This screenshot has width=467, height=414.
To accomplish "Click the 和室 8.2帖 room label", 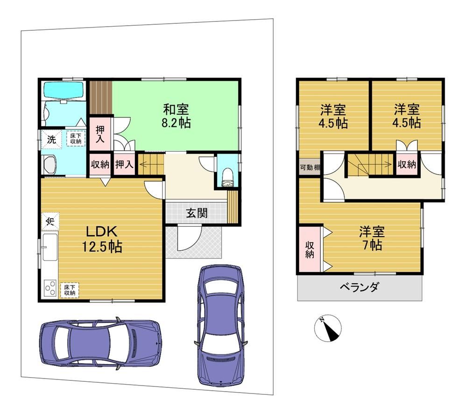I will point(177,116).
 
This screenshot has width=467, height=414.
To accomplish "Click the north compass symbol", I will point(327,327).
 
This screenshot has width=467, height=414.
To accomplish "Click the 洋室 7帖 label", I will point(371,238).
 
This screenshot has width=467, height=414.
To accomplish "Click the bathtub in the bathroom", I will point(63,90).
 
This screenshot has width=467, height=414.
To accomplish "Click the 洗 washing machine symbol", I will point(51,139).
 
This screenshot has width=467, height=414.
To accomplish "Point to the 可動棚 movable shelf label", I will point(310,168).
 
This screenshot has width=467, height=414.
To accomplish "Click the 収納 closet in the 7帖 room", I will point(309,249).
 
